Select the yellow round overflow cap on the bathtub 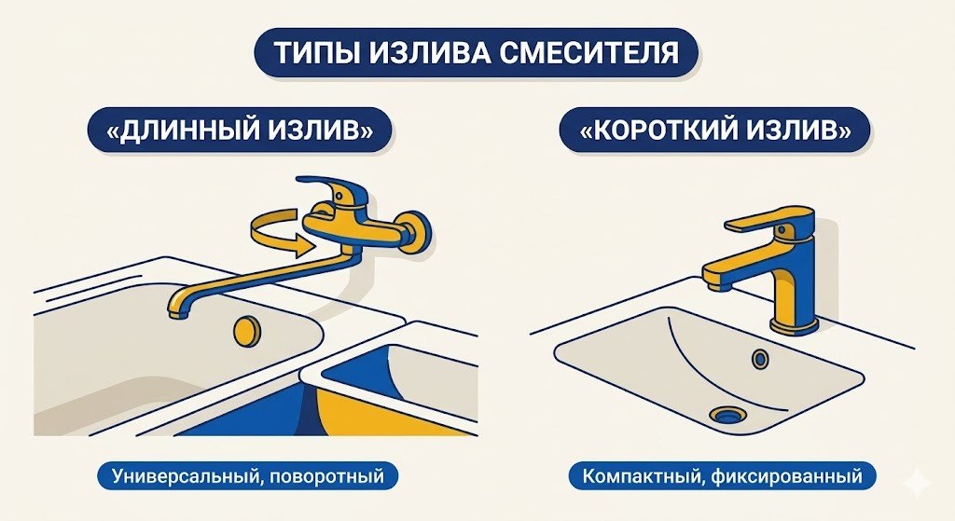coord(246,329)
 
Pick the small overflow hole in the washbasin coord(760,358)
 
